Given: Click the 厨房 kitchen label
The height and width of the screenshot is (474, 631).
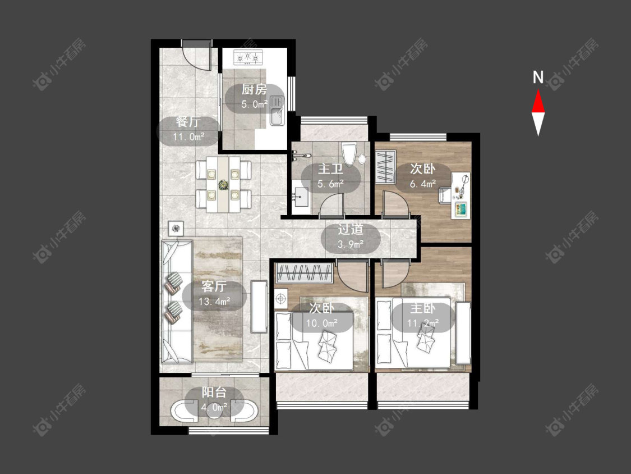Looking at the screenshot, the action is (x=254, y=97).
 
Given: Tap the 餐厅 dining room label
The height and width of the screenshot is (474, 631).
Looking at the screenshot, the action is (x=188, y=129).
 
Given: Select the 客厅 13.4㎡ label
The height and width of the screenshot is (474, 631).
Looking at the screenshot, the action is (x=214, y=294).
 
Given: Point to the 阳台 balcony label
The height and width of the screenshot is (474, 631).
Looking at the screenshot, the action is (x=214, y=399).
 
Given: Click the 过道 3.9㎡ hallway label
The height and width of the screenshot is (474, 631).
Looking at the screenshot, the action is (x=351, y=236).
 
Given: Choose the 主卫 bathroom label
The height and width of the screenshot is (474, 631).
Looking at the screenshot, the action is (x=330, y=176).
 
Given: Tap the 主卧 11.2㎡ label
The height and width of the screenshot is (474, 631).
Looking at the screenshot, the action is (x=422, y=316).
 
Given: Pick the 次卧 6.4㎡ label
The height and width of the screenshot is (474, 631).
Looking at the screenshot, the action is (x=422, y=176).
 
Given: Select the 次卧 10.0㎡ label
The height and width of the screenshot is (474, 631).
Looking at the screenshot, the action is (x=321, y=316).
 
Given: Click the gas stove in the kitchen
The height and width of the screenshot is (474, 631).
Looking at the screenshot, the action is (x=248, y=58).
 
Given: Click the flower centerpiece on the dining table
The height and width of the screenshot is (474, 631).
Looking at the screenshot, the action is (x=223, y=185).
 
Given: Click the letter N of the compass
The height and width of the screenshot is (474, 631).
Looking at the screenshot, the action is (x=538, y=77).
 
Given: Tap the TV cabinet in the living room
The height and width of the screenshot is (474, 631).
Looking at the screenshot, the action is (x=259, y=307).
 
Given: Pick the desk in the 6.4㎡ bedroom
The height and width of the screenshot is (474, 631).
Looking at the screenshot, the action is (x=461, y=195).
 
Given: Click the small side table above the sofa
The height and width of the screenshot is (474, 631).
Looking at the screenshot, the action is (x=176, y=229).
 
